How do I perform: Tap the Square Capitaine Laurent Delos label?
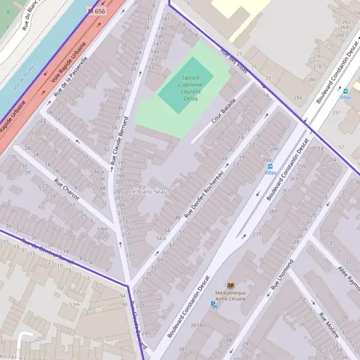(x=191, y=88)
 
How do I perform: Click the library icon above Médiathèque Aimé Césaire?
(x=231, y=285)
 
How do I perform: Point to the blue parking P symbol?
(x=214, y=305)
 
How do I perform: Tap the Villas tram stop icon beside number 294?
(x=271, y=166)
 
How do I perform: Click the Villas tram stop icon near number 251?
(x=346, y=91)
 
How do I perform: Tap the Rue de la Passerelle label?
(x=71, y=76)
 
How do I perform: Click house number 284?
(x=298, y=97)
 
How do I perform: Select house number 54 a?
(x=161, y=238)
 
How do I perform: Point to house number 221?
(x=130, y=256)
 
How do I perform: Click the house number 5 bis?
(x=74, y=304)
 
